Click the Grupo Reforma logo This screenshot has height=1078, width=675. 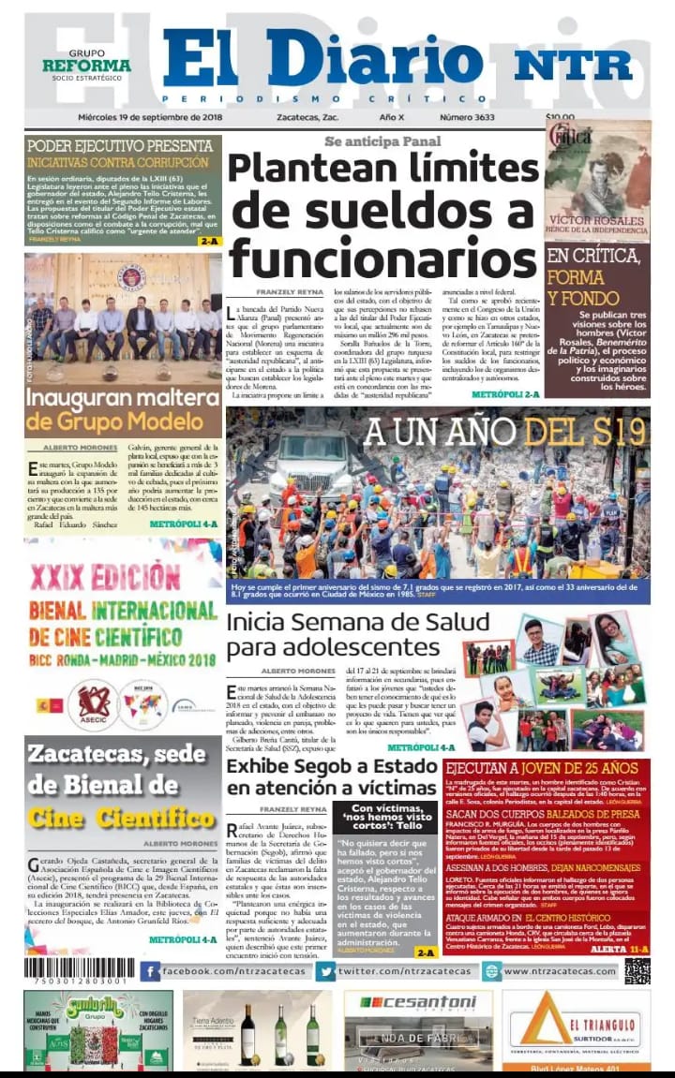(87, 65)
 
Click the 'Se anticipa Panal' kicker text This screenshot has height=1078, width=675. (382, 140)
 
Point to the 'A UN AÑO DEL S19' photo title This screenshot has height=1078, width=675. (505, 431)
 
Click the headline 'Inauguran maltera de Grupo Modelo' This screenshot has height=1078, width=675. (122, 410)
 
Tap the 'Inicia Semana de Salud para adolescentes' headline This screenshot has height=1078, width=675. (357, 634)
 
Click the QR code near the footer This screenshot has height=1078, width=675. (637, 970)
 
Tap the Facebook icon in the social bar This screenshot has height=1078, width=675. (150, 972)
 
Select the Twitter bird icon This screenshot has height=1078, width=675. (325, 972)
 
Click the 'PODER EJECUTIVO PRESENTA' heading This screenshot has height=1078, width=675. (120, 146)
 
